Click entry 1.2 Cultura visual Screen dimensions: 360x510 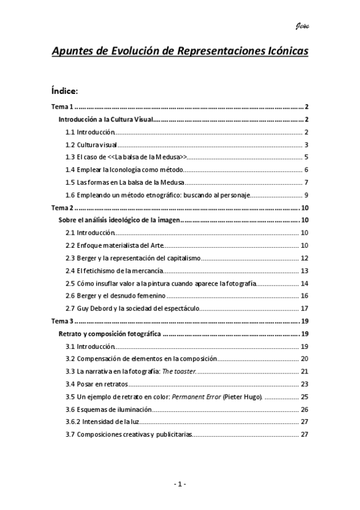[91, 144]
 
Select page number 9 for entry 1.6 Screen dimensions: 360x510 [306, 195]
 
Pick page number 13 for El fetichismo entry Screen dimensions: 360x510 [304, 271]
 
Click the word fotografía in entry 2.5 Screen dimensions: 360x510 [241, 283]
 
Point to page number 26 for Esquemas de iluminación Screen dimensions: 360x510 [304, 409]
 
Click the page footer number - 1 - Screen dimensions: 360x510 [180, 485]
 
